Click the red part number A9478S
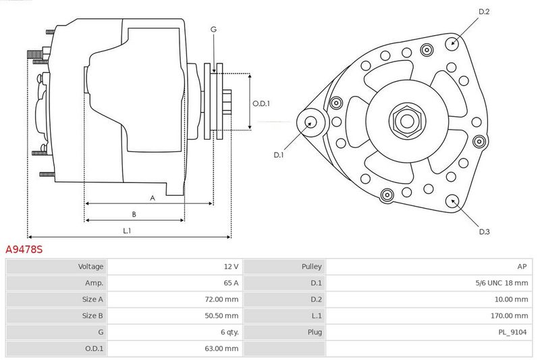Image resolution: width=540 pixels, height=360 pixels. tap(24, 249)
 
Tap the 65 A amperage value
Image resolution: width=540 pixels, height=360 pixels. tap(231, 283)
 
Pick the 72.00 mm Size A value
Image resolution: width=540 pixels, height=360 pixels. tap(221, 299)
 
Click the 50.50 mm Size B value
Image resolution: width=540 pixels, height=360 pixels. tap(221, 316)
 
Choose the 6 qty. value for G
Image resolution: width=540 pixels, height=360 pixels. tap(230, 332)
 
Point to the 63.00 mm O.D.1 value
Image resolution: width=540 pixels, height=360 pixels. tap(221, 349)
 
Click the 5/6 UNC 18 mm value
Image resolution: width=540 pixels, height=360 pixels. tap(502, 283)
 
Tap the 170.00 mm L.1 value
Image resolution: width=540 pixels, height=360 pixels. tap(509, 316)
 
